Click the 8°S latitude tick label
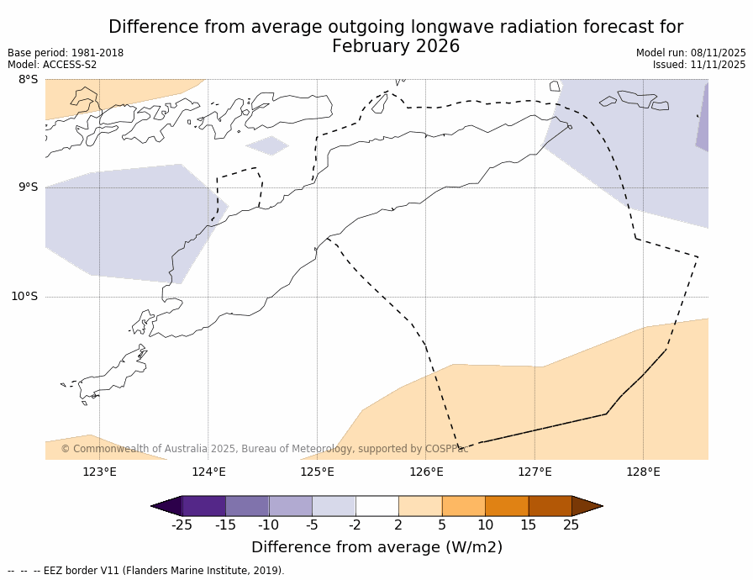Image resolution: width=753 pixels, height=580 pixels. (x=28, y=79)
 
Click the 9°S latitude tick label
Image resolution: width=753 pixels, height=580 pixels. (x=28, y=187)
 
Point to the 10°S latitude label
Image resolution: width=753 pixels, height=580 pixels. (x=24, y=296)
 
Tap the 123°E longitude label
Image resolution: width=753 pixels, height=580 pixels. (x=99, y=472)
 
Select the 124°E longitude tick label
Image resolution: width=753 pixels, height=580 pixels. (x=208, y=472)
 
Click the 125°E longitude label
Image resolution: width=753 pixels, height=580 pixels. (x=317, y=472)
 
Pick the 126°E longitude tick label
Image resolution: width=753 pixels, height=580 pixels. (x=426, y=472)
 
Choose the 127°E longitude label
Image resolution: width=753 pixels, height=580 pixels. (x=534, y=472)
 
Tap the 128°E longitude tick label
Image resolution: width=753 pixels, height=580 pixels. (x=643, y=472)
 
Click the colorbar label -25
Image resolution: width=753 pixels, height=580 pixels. (x=182, y=525)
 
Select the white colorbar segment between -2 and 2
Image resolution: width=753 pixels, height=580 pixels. (x=376, y=506)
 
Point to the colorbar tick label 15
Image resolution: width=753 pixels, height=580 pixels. (x=528, y=525)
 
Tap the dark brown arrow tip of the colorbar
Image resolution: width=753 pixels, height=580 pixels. (x=587, y=506)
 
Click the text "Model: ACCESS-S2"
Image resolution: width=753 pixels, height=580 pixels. (x=52, y=65)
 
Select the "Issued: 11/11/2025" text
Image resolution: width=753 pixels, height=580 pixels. (x=699, y=65)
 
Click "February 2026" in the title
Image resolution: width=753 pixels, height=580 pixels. (x=396, y=47)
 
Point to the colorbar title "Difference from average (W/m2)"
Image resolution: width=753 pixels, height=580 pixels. (x=376, y=547)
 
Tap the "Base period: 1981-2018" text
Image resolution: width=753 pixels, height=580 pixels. (x=66, y=53)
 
